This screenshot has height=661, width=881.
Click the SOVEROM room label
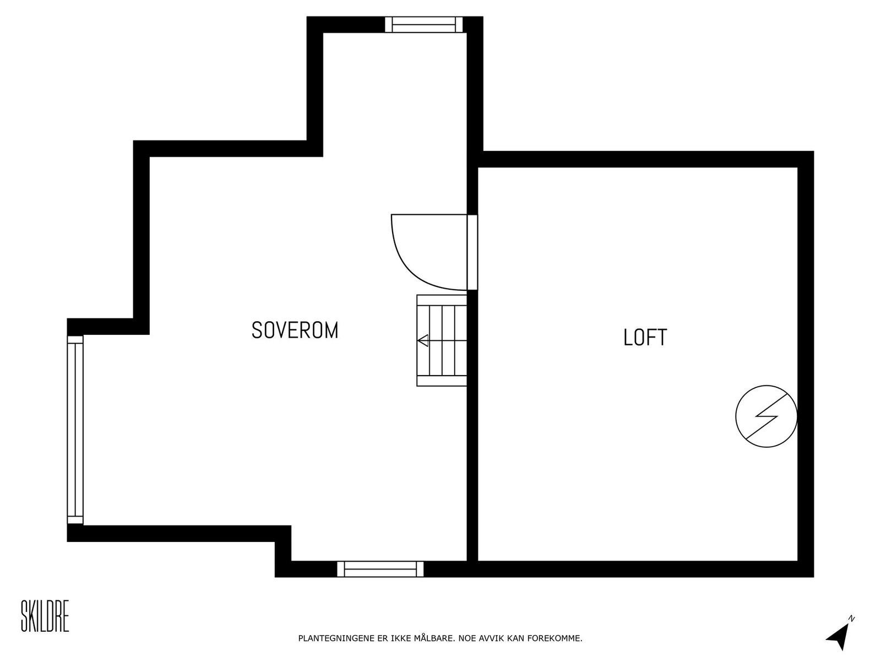click(295, 330)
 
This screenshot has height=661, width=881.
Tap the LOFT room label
click(645, 337)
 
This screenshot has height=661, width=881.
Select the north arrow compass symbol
click(837, 638)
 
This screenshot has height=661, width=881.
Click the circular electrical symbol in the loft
click(766, 416)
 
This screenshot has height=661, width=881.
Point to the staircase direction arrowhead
click(423, 341)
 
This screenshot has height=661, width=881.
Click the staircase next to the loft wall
click(442, 340)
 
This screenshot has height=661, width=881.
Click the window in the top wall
click(423, 25)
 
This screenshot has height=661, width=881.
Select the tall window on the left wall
click(75, 430)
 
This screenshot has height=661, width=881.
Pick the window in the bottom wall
click(380, 569)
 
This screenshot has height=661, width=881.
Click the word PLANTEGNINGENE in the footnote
click(335, 639)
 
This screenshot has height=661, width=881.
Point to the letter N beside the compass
click(851, 619)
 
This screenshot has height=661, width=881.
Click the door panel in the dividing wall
click(472, 252)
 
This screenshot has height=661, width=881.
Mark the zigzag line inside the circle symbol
click(766, 416)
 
